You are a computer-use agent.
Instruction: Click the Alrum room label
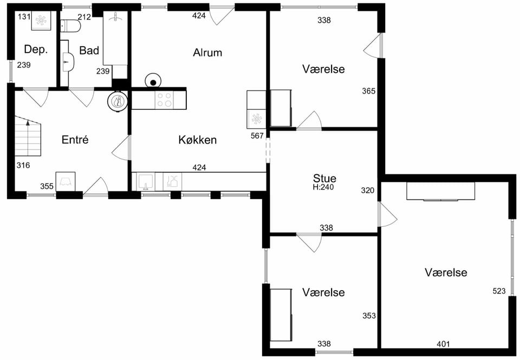(207, 53)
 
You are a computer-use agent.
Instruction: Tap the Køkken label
(198, 140)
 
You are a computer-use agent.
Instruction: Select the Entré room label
(75, 140)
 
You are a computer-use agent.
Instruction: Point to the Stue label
(324, 178)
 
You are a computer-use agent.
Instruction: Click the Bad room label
(89, 50)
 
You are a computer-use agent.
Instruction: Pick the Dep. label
(36, 49)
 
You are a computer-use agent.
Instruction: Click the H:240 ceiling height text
(323, 187)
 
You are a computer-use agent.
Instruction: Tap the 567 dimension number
(257, 135)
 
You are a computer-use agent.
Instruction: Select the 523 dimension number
(499, 291)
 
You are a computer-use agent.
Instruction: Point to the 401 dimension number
(443, 344)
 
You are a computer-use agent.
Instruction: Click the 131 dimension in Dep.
(24, 17)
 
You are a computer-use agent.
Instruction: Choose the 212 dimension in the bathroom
(84, 17)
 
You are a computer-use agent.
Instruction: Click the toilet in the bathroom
(70, 26)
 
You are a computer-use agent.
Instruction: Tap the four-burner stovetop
(164, 100)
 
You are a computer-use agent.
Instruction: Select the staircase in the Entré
(28, 136)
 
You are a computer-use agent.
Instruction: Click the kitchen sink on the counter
(145, 181)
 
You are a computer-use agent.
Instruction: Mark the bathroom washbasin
(69, 61)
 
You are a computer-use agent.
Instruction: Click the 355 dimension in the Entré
(47, 186)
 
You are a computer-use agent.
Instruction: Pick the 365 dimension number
(369, 91)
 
